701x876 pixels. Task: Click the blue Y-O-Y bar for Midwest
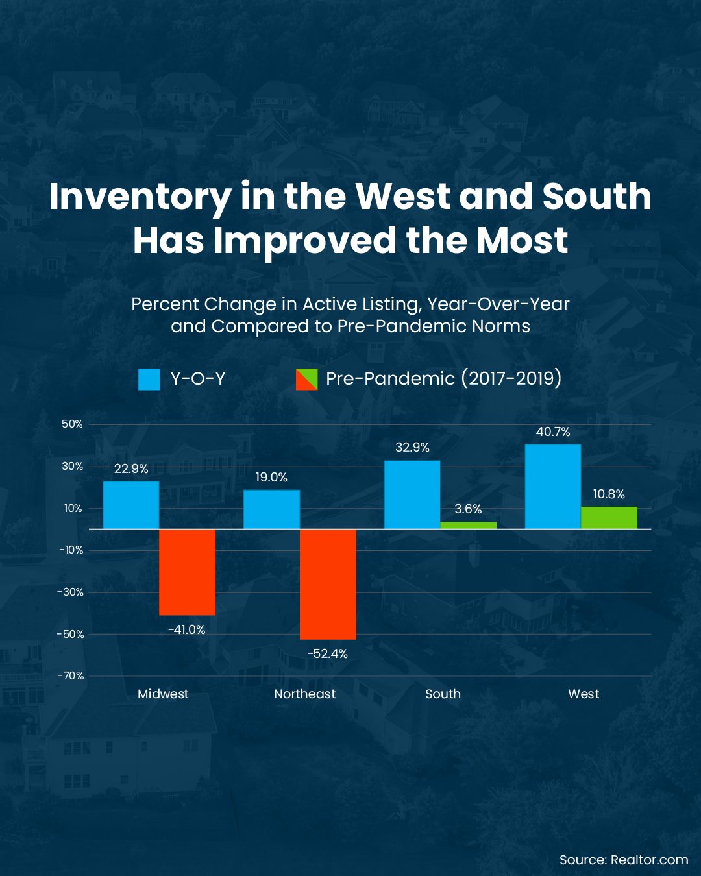(131, 505)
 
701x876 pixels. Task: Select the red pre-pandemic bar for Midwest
(187, 572)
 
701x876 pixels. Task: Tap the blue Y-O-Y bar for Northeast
(271, 509)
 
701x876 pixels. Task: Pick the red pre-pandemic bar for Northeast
(328, 584)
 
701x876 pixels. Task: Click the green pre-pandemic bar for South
(468, 526)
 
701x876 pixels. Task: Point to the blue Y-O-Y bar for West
(553, 487)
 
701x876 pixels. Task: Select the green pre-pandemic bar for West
(609, 518)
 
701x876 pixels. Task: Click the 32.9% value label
(412, 448)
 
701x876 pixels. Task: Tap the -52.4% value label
(327, 654)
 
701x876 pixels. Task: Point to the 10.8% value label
(609, 494)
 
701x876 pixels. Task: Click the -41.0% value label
(186, 630)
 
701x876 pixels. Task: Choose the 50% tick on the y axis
(72, 424)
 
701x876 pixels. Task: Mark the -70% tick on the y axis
(71, 676)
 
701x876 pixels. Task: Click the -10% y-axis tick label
(71, 550)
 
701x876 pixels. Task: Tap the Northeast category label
(304, 694)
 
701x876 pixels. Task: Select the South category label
(443, 694)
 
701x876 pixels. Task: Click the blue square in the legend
(149, 379)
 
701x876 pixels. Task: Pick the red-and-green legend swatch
(306, 379)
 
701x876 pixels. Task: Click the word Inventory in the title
(140, 197)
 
